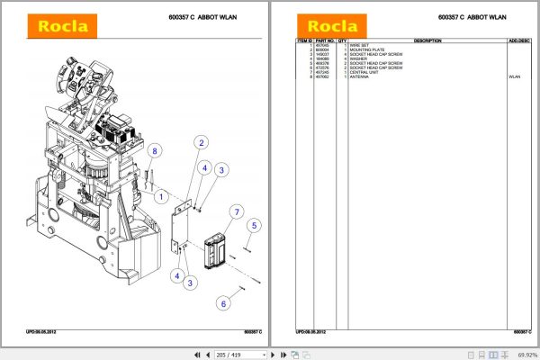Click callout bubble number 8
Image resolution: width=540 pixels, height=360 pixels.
154,151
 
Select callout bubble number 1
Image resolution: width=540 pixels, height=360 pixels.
160,195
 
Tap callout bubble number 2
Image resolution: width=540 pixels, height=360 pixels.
202,142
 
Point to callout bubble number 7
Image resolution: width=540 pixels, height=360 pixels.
237,212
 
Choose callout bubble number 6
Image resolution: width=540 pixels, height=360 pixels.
222,304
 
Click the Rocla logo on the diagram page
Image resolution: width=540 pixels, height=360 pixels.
62,26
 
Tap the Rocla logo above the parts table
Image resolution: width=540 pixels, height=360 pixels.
333,26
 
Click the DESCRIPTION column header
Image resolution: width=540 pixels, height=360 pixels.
427,41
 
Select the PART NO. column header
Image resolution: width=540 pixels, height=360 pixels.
325,41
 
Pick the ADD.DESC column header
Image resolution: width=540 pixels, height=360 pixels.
518,41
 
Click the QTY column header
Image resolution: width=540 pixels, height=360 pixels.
343,41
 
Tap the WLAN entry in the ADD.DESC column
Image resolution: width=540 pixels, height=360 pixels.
514,77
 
